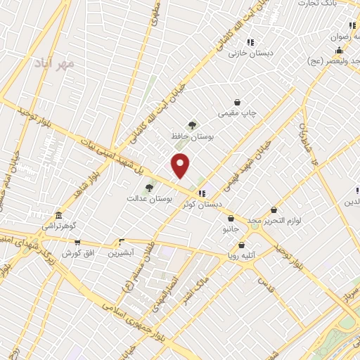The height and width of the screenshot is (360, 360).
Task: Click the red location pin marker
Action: coord(181,165)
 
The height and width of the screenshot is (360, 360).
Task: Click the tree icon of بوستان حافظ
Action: coord(193,125)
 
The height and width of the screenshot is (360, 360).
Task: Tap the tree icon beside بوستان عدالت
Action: coord(148,188)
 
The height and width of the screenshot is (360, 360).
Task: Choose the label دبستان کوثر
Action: coord(201,204)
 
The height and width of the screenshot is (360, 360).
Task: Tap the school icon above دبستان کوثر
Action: coord(202,193)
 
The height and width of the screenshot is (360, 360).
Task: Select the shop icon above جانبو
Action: coord(231,219)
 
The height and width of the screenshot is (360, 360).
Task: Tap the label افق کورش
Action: coord(79,252)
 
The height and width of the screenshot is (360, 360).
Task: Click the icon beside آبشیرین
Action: coord(122,241)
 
